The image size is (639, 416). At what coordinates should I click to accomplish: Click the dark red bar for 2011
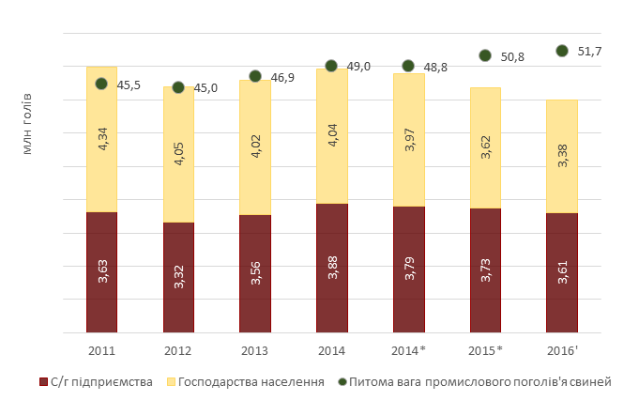101,272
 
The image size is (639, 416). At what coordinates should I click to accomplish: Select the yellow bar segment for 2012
178,155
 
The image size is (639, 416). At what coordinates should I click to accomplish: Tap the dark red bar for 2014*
408,270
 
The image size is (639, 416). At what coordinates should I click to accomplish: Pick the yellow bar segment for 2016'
562,156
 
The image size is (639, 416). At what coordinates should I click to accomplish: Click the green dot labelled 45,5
101,84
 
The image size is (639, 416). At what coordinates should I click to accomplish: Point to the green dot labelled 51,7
562,51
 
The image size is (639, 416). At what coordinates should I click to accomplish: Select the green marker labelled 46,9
255,76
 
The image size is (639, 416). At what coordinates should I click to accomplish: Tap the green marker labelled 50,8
485,56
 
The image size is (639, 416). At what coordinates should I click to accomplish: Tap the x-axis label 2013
255,350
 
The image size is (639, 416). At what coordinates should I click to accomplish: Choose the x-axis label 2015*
485,350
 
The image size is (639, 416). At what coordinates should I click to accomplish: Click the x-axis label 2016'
562,350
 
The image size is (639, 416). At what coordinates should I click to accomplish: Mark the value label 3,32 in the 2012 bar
179,277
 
